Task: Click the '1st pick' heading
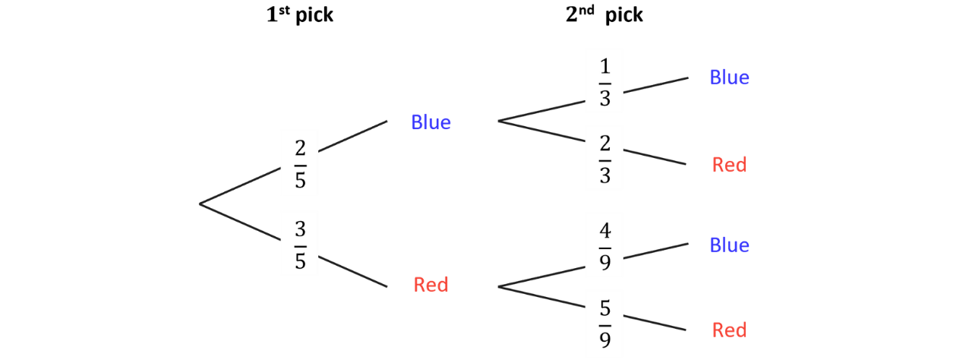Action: (x=300, y=14)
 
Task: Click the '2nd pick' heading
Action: (x=604, y=14)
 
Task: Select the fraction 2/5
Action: (x=300, y=164)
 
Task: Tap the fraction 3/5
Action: (x=300, y=245)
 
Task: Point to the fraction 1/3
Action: (x=605, y=83)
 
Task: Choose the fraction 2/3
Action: (x=605, y=159)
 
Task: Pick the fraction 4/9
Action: (x=605, y=246)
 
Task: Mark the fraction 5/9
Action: (x=605, y=324)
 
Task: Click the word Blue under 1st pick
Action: (x=431, y=122)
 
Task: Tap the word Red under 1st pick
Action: (x=431, y=285)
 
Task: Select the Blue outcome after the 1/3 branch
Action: (x=730, y=77)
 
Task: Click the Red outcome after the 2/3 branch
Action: (x=730, y=165)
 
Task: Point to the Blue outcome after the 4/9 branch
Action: (x=730, y=245)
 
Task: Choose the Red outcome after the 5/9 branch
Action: (x=730, y=330)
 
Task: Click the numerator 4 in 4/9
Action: (x=605, y=230)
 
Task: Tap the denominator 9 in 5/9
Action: (x=605, y=340)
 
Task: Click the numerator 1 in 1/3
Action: (x=605, y=66)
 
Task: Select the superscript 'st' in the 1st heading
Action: (x=284, y=10)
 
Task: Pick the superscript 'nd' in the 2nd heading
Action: (x=586, y=10)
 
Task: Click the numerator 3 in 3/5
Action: (x=300, y=229)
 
